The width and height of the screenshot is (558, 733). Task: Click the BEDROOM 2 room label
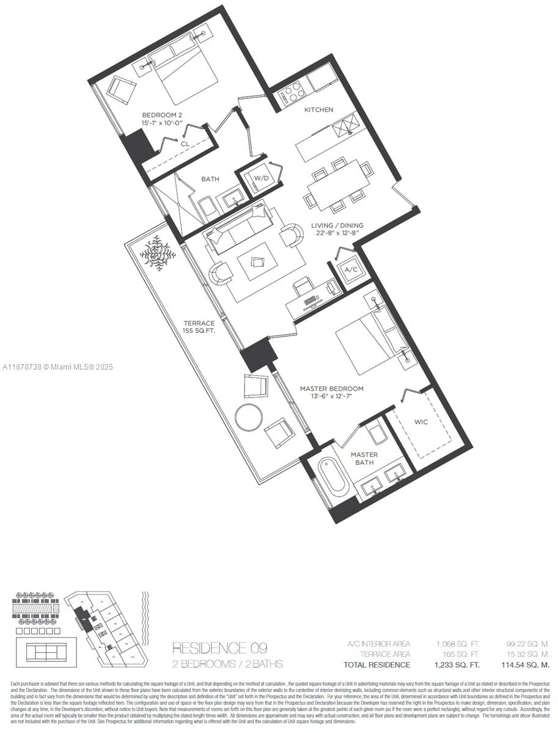point(162,115)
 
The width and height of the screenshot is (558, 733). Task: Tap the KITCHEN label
point(319,110)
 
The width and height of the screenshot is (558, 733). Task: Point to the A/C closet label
point(351,270)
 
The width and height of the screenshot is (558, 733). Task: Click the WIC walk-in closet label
point(420,421)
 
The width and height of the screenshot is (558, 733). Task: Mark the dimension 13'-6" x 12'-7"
point(331,397)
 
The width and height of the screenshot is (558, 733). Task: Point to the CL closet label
point(185,144)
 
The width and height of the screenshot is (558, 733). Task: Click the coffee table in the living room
point(257,262)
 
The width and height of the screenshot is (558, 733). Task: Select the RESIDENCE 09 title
point(219,647)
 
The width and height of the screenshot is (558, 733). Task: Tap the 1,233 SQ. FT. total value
point(458,665)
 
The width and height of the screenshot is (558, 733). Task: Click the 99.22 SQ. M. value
point(528,644)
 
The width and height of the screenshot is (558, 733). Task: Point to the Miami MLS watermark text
point(58,367)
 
